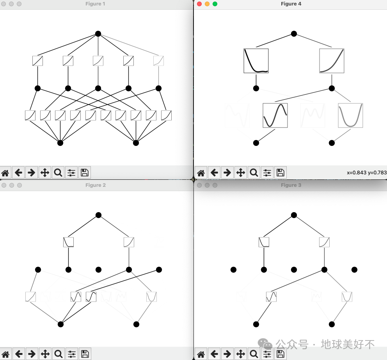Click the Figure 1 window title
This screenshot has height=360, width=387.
[x=95, y=4]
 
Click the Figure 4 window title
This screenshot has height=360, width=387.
[x=291, y=4]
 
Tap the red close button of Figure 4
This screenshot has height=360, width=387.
[x=199, y=4]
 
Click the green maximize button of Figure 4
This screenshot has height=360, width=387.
[x=215, y=4]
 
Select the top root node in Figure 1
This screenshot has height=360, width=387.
[x=98, y=34]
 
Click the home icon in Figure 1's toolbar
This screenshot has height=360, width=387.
[x=5, y=172]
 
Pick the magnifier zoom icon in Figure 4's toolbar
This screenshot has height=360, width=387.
[x=254, y=172]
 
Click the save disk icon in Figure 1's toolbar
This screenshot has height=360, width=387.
[x=84, y=172]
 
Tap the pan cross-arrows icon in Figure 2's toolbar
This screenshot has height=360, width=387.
[x=45, y=354]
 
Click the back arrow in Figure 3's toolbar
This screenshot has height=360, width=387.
[x=214, y=354]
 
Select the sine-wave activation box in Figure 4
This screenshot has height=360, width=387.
[x=275, y=115]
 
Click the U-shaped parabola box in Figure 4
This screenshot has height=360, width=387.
[x=350, y=115]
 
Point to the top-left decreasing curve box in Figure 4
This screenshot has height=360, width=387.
[x=256, y=61]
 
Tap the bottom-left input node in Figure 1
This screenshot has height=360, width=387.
[x=60, y=143]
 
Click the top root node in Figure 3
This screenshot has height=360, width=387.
[x=294, y=215]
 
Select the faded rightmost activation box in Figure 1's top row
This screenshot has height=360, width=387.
[x=158, y=61]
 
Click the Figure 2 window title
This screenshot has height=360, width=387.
[x=96, y=185]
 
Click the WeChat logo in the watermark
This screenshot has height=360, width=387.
[x=265, y=344]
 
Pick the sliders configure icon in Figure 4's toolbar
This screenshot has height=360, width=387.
[x=267, y=172]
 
